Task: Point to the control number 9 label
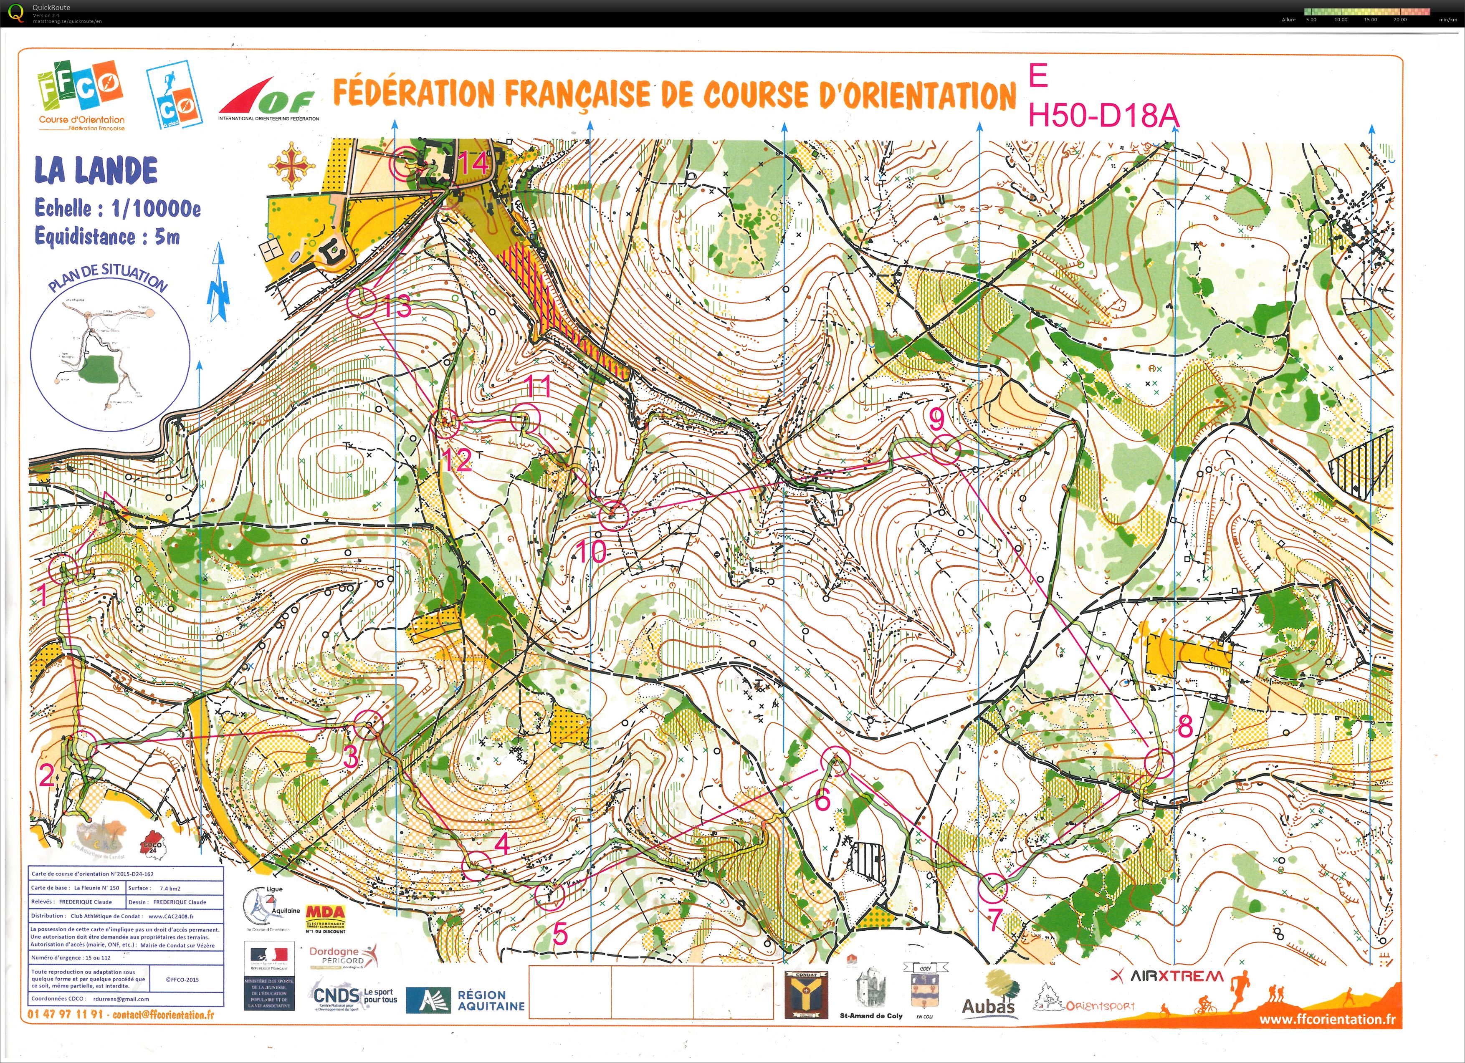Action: coord(936,420)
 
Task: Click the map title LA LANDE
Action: coord(96,171)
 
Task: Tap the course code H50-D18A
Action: coord(1103,117)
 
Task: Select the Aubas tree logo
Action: coord(989,995)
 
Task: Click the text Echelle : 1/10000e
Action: coord(118,209)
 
